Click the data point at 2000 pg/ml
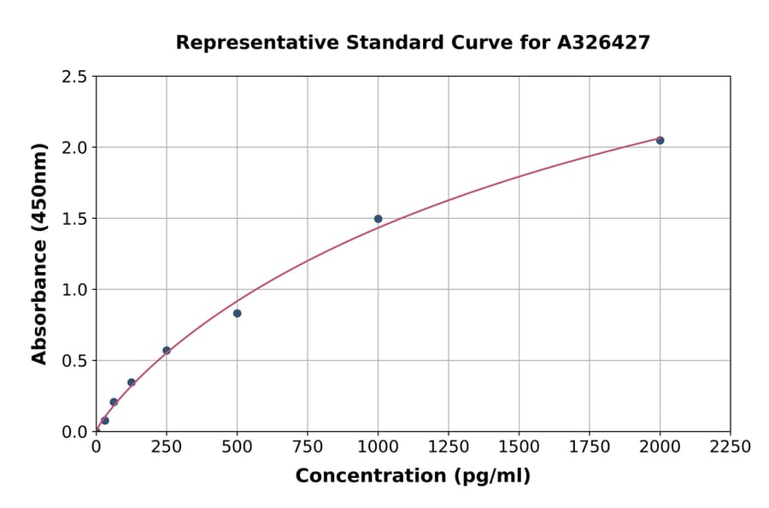click(x=660, y=140)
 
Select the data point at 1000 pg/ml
click(x=378, y=219)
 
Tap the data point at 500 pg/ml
click(x=237, y=313)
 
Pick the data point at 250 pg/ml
click(x=167, y=351)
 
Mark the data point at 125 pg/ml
click(x=132, y=382)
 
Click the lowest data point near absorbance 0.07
click(x=105, y=421)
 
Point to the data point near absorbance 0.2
click(x=114, y=402)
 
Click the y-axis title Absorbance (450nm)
click(x=39, y=253)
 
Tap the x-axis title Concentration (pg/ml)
click(x=413, y=476)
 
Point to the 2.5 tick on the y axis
click(x=74, y=77)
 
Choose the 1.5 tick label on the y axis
click(x=74, y=219)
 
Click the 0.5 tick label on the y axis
click(x=74, y=361)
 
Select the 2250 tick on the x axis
click(x=730, y=446)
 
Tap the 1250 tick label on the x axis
click(x=449, y=446)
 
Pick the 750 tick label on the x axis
click(x=308, y=446)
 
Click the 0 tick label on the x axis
click(x=97, y=446)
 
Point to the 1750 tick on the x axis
click(x=589, y=446)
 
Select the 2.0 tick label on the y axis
click(x=74, y=148)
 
